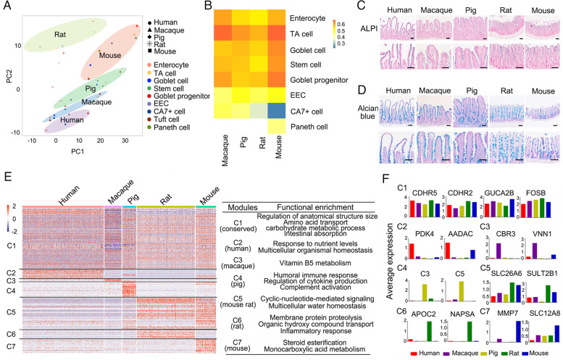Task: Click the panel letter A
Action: [x=6, y=7]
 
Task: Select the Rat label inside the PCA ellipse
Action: [x=59, y=34]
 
